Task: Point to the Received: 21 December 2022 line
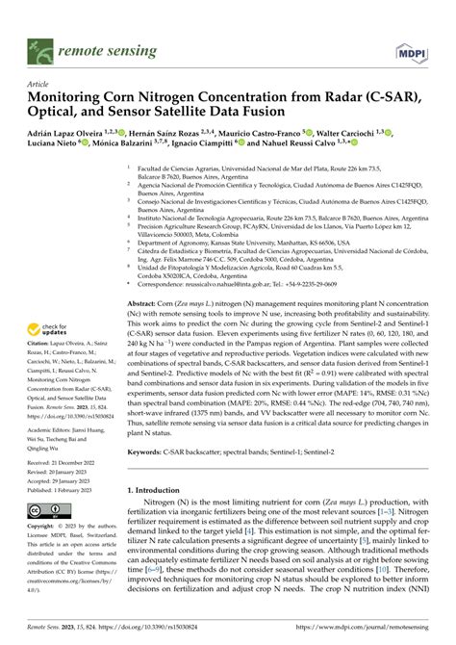(x=71, y=462)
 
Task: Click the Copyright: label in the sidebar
(x=46, y=527)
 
